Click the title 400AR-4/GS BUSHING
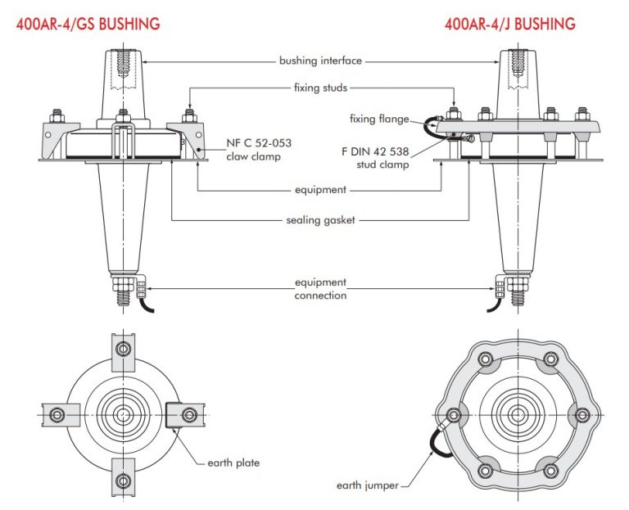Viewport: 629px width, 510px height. [88, 24]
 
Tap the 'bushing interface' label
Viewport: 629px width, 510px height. [320, 61]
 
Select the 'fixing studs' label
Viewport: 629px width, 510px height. [320, 87]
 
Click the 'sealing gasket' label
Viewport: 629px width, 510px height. [320, 221]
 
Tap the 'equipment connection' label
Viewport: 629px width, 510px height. [320, 288]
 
